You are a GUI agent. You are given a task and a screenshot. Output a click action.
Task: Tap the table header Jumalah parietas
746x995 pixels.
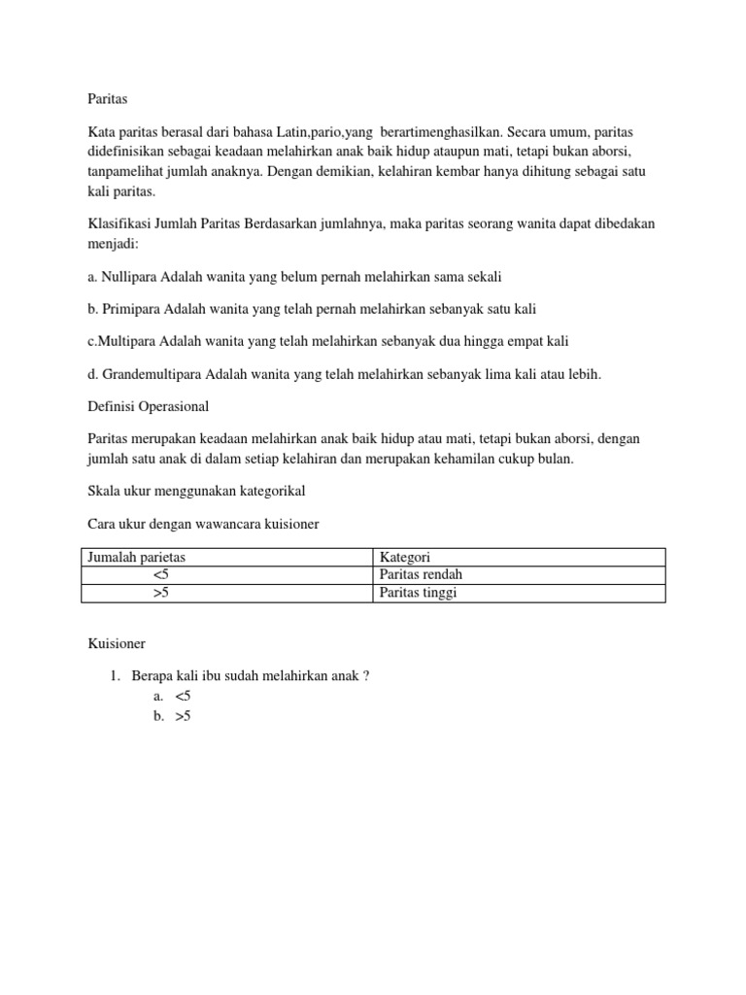pos(136,557)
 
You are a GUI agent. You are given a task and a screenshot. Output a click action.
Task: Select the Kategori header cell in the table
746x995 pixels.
pos(405,557)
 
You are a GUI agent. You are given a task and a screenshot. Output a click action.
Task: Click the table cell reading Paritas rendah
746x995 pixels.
pos(421,574)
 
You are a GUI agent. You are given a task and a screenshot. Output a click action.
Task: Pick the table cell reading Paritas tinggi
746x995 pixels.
pos(418,593)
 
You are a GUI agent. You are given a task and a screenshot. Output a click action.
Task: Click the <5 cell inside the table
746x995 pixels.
pos(161,574)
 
